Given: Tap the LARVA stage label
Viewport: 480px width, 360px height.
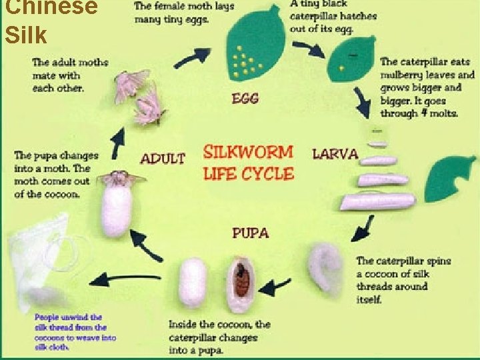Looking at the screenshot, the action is coord(335,153).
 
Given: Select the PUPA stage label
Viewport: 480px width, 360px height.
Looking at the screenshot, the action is coord(250,233).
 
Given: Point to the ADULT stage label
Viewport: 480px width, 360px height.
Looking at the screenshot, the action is coord(162,159).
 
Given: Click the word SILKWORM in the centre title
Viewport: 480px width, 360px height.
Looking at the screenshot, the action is coord(247,151).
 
